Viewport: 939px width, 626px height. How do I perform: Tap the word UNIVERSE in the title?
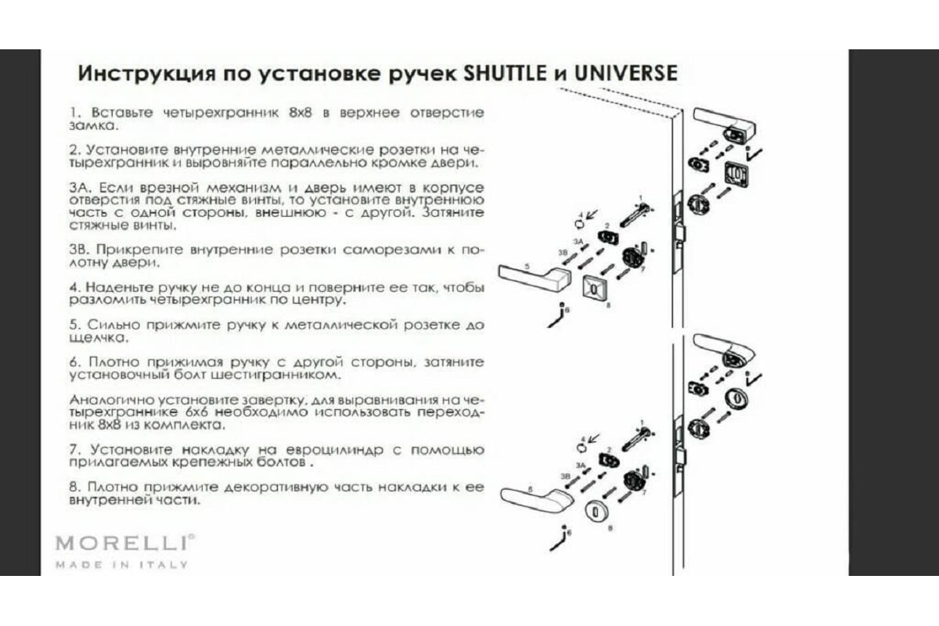pyautogui.click(x=625, y=74)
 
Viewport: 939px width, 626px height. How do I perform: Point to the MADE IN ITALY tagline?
pyautogui.click(x=121, y=565)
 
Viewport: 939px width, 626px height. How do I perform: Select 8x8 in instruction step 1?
pyautogui.click(x=300, y=113)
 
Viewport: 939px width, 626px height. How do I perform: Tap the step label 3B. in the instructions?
pyautogui.click(x=80, y=250)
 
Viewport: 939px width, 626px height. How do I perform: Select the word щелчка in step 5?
pyautogui.click(x=99, y=338)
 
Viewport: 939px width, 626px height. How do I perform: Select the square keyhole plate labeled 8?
pyautogui.click(x=594, y=290)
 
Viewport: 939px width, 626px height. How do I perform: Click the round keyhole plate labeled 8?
pyautogui.click(x=597, y=513)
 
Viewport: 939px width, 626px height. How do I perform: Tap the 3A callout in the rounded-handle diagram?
pyautogui.click(x=580, y=466)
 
